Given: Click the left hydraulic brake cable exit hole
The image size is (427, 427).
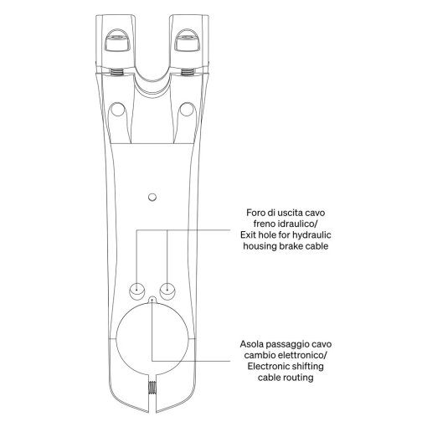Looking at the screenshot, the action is point(137,291).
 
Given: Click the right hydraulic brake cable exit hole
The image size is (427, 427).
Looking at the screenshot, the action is point(167,291).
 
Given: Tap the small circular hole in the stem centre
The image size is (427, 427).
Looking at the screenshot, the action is point(152,198).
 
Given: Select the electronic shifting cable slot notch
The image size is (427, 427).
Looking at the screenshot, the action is point(152,301).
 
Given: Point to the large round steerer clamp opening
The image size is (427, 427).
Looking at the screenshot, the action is point(152,338).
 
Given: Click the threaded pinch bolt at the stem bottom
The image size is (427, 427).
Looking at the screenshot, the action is point(152,388).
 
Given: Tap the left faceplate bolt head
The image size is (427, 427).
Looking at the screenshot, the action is point(116,41).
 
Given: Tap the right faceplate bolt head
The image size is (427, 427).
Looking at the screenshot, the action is point(188,41).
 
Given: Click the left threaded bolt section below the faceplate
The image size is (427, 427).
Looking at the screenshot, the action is point(117,72).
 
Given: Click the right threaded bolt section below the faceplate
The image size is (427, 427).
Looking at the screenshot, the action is point(188,72).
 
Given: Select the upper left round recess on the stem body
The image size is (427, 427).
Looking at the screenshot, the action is point(117,110).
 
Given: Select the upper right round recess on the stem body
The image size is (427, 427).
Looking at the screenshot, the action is point(187,110).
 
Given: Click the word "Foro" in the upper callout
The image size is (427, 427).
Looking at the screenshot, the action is point(255,213).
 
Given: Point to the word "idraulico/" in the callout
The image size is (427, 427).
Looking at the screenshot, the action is point(298,224).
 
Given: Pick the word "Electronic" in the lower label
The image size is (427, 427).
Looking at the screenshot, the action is point(267,367).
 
